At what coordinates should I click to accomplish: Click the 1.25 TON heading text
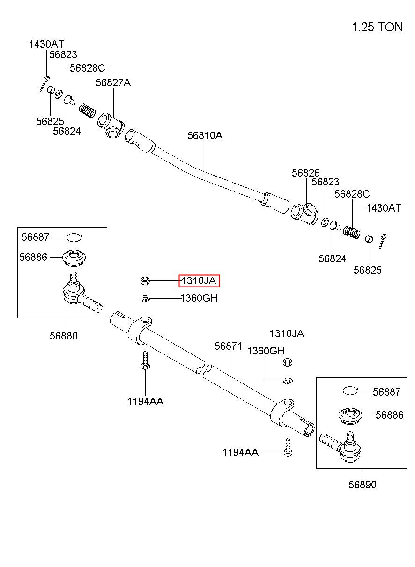[x=377, y=27]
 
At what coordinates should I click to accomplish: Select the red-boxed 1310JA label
[x=199, y=281]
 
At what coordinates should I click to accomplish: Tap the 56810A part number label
[x=205, y=135]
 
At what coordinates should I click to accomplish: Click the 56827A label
[x=113, y=82]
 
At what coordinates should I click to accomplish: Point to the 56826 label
[x=305, y=173]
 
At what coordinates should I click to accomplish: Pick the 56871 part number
[x=229, y=346]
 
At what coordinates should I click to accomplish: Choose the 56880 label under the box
[x=64, y=336]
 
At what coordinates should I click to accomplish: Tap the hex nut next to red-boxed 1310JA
[x=145, y=281]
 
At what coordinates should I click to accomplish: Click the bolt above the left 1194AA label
[x=145, y=361]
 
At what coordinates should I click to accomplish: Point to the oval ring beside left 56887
[x=74, y=237]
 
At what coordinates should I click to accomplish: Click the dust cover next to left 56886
[x=74, y=258]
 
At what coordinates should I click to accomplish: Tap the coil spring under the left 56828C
[x=87, y=110]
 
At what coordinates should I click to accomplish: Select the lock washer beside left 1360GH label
[x=145, y=299]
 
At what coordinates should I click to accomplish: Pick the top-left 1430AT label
[x=46, y=44]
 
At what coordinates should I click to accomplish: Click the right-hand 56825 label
[x=367, y=270]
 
